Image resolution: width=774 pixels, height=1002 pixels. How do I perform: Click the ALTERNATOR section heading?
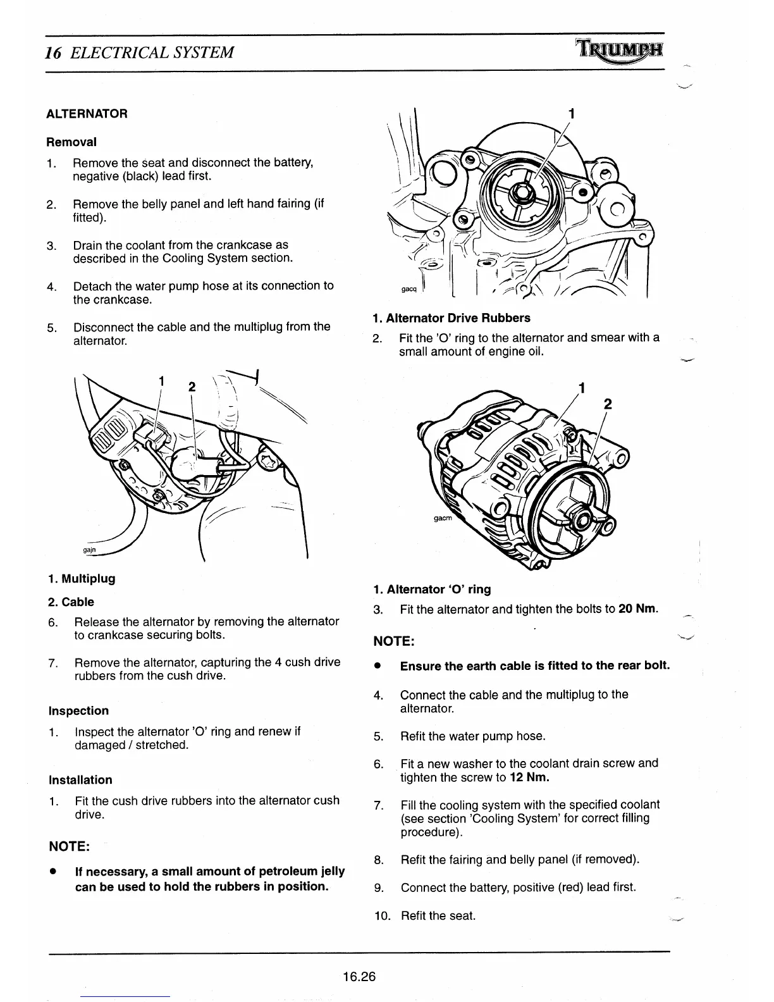pos(87,114)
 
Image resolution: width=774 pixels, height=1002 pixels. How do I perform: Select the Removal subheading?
pos(71,142)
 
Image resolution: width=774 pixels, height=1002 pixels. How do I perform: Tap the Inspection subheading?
pos(78,710)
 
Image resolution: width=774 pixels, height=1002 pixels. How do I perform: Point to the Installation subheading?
pos(80,780)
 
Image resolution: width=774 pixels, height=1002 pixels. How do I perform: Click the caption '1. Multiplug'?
pos(82,578)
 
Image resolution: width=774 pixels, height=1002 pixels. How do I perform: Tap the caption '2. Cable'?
pos(71,602)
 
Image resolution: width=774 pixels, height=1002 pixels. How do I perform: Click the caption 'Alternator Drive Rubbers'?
pos(451,318)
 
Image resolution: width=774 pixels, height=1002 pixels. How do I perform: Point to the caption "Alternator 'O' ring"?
pos(432,589)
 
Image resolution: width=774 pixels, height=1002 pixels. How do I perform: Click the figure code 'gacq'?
pos(409,289)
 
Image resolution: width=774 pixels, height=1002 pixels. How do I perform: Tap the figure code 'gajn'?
pos(89,549)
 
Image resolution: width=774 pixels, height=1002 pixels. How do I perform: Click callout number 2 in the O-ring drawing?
pos(608,405)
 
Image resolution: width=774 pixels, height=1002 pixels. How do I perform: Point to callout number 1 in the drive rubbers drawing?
pos(571,114)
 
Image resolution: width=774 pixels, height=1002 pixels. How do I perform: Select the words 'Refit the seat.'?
pos(438,915)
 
